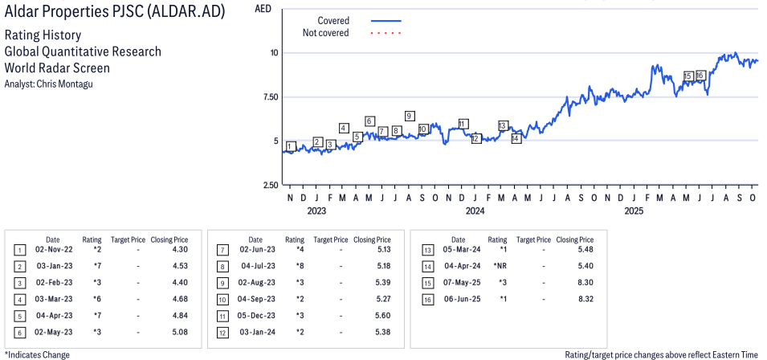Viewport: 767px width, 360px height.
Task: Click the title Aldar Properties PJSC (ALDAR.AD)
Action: [x=114, y=13]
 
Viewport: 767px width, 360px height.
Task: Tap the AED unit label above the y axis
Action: [x=262, y=9]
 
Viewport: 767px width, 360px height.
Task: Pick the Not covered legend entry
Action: [x=325, y=33]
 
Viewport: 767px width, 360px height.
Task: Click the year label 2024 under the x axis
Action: [x=475, y=211]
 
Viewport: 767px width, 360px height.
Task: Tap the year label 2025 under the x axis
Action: [x=634, y=211]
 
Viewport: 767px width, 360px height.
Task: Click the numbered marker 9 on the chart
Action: [x=410, y=116]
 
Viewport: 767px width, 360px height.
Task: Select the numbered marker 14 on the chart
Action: [x=516, y=138]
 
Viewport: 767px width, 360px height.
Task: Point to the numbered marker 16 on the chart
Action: [x=700, y=76]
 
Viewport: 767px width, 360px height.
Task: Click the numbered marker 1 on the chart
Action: [x=291, y=146]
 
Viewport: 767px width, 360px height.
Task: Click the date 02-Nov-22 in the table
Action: [x=52, y=251]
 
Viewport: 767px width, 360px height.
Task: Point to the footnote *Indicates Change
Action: [x=37, y=354]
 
